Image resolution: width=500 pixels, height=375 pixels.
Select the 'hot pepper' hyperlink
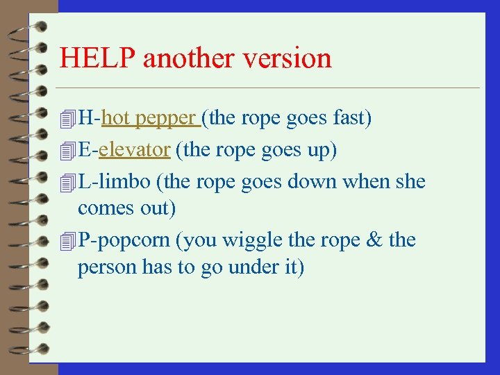(150, 119)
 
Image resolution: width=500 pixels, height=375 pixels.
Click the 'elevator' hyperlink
(134, 150)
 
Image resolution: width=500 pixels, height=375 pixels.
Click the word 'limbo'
(124, 182)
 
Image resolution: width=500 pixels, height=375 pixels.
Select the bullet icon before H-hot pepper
(67, 119)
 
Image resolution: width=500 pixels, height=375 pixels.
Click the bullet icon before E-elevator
(67, 151)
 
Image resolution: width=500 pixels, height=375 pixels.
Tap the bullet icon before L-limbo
(67, 183)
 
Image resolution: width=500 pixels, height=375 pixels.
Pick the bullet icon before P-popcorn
(67, 241)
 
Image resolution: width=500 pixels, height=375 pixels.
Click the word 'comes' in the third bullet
(101, 208)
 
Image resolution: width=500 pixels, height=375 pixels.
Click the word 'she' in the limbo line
(410, 182)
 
